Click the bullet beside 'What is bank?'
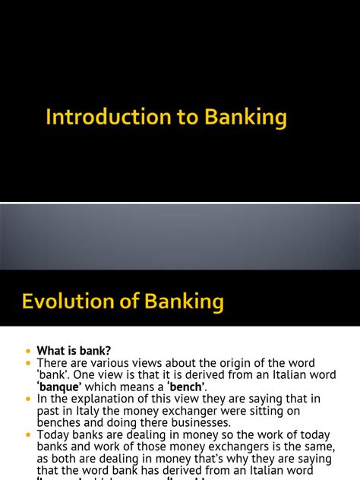click(29, 351)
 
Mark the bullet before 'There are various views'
click(29, 363)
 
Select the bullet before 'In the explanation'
click(29, 399)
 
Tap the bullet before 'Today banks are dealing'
click(29, 435)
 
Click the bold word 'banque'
click(60, 387)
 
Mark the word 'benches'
click(59, 423)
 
